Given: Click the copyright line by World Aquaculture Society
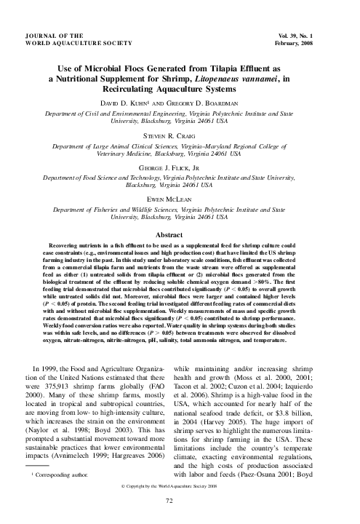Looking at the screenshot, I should pyautogui.click(x=180, y=483).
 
